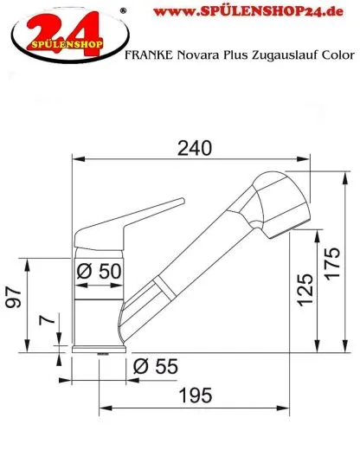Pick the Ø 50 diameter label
click(x=99, y=271)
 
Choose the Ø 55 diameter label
click(x=156, y=367)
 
